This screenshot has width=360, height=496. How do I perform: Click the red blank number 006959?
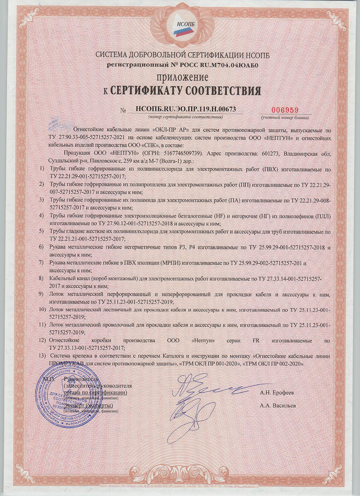coord(284,109)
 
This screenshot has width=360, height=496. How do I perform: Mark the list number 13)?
coord(43,356)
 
